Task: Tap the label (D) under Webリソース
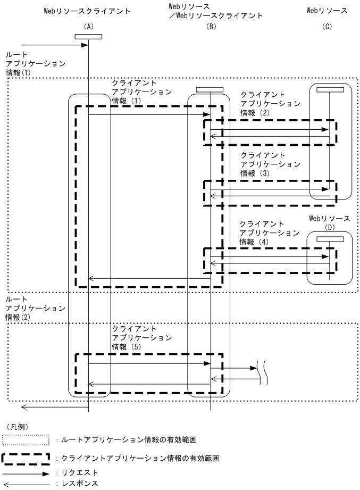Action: (x=330, y=228)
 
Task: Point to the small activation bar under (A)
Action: (x=88, y=36)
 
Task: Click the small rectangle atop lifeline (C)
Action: (x=330, y=89)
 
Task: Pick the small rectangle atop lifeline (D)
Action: (x=330, y=239)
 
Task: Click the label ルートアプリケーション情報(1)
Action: (x=35, y=64)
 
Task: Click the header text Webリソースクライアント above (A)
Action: (x=87, y=11)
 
